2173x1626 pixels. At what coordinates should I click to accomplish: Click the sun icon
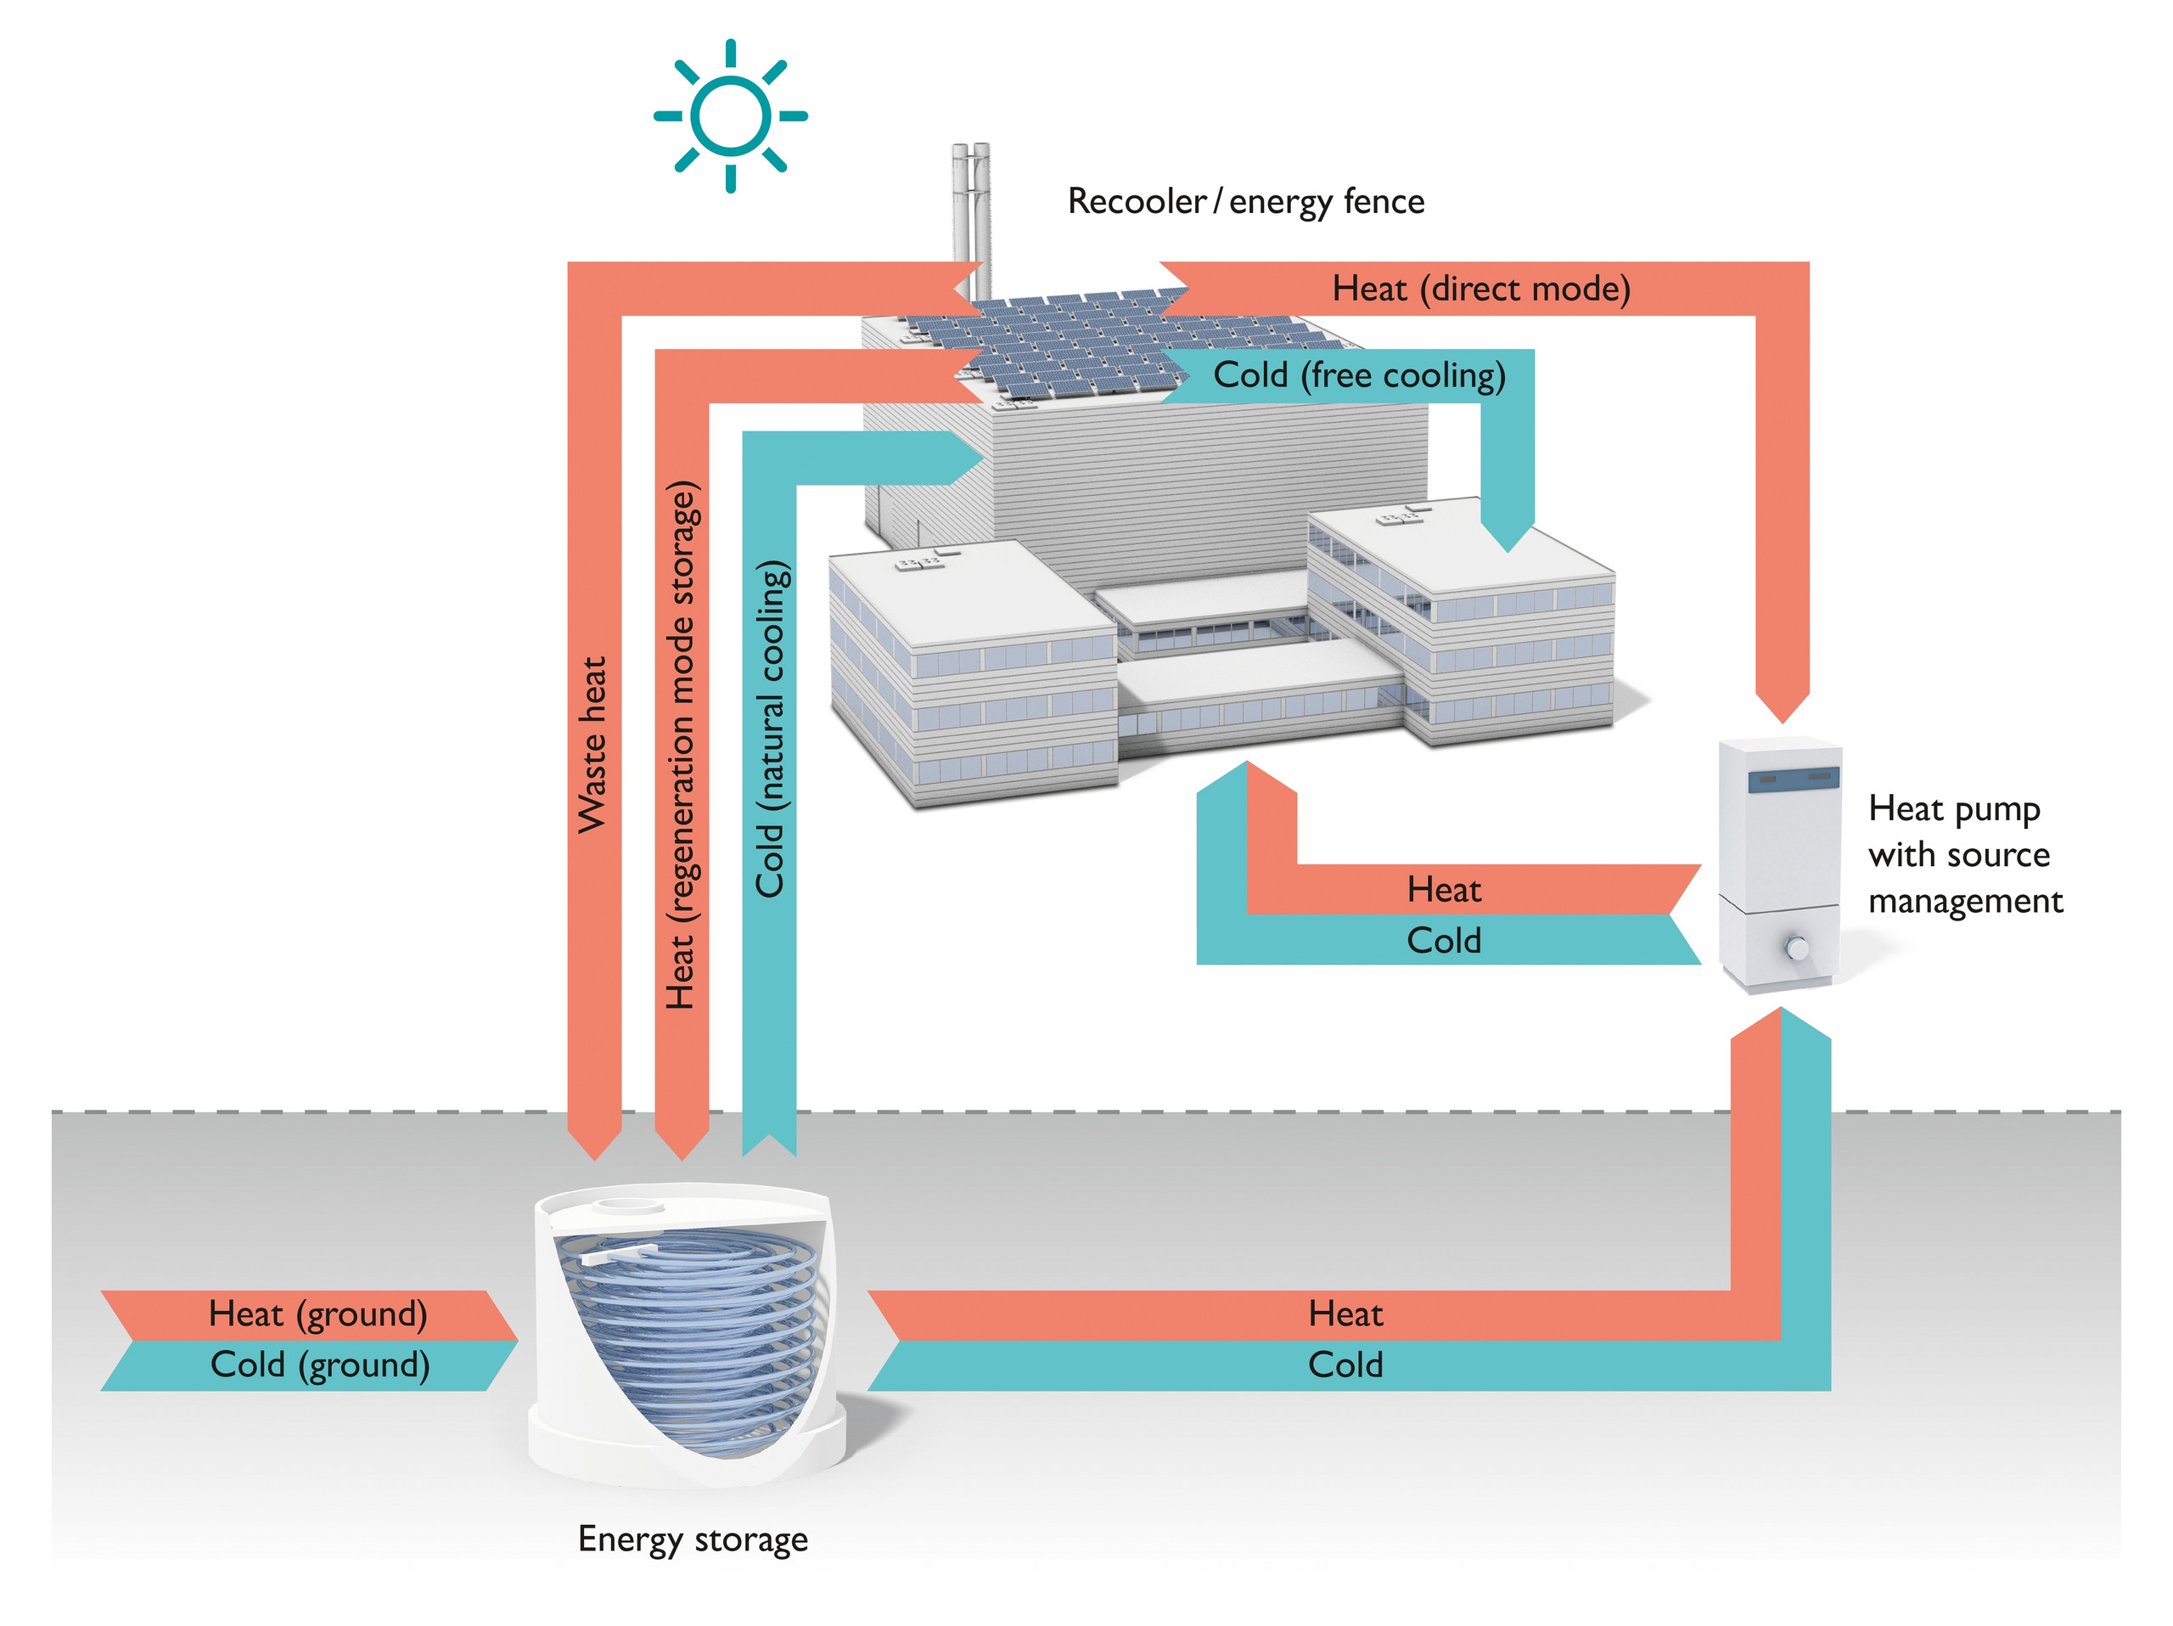(730, 116)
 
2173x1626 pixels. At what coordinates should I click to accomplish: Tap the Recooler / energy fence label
(1244, 201)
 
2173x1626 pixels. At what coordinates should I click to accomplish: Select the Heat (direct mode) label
(1480, 289)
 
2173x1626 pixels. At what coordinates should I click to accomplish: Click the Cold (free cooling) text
(1359, 375)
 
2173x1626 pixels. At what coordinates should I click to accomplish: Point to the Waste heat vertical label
(592, 745)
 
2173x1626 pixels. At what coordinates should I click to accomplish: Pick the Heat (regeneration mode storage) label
(681, 745)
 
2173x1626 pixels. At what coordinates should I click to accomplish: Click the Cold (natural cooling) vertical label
(770, 729)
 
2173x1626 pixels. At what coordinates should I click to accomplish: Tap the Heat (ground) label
(317, 1314)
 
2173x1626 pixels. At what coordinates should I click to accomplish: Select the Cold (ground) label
(319, 1364)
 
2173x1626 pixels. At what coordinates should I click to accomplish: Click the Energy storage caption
(693, 1539)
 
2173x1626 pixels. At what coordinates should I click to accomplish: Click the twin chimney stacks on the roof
(970, 211)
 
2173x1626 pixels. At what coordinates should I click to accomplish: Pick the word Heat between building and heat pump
(1443, 889)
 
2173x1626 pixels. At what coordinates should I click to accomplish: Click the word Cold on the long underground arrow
(1345, 1364)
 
